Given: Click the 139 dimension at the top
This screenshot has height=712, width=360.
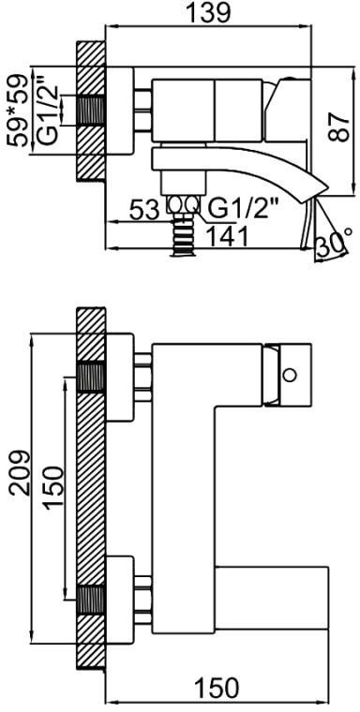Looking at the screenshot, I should [x=211, y=13].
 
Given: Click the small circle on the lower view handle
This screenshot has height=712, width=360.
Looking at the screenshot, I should [x=291, y=375].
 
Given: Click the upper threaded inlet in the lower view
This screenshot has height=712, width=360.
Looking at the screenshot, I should [x=90, y=377].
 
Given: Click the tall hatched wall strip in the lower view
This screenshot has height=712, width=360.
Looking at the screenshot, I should [x=90, y=487].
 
